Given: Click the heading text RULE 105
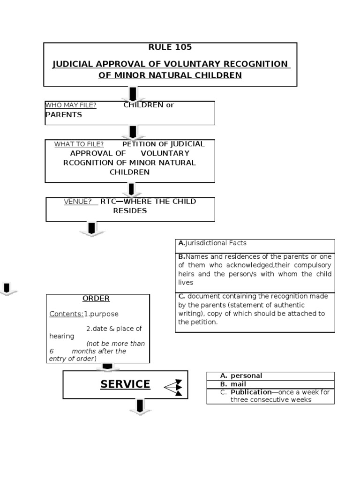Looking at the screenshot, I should click(x=170, y=47).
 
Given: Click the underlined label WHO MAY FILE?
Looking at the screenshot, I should click(x=71, y=105).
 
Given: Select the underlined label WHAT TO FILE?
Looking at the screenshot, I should click(x=79, y=144).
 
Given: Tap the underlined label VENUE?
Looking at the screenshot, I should click(x=78, y=202).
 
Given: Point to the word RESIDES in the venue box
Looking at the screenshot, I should click(x=130, y=211).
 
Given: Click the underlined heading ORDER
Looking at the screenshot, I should click(x=96, y=299).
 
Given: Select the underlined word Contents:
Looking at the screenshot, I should click(x=66, y=314).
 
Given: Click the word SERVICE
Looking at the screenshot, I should click(x=125, y=384).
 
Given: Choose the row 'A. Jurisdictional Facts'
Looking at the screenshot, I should click(x=212, y=243).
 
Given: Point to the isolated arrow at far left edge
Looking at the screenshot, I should click(x=7, y=289).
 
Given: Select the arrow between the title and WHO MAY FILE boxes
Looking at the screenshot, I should click(x=132, y=94).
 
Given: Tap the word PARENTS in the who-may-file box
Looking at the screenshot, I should click(x=63, y=115).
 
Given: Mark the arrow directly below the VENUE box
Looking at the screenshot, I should click(x=92, y=229).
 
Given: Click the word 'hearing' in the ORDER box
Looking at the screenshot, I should click(x=61, y=336).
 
